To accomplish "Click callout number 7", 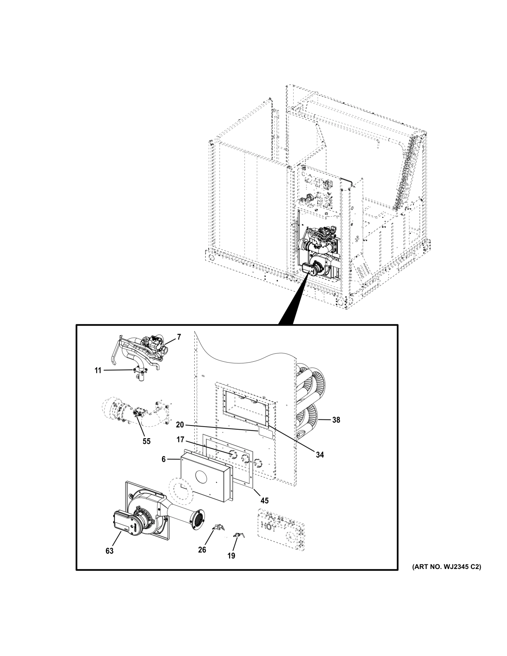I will tap(179, 337).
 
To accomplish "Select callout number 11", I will tap(98, 370).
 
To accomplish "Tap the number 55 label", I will tap(147, 441).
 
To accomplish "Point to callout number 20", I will tap(180, 425).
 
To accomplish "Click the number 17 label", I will tap(180, 440).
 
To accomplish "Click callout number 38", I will tap(336, 420).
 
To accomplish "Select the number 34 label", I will tap(319, 455).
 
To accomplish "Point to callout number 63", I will tap(110, 551).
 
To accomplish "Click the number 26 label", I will tap(202, 550).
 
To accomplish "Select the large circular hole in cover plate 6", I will tap(203, 477).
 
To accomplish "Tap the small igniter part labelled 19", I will tap(239, 535).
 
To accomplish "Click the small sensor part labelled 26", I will tap(219, 528).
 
